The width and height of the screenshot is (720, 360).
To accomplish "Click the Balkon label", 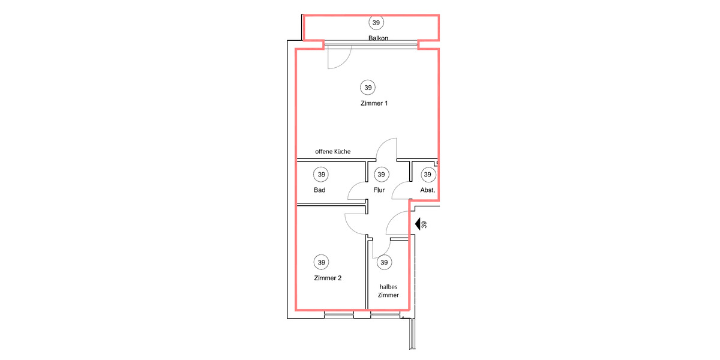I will point(378,38).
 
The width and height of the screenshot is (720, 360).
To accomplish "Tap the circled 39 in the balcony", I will point(376,23).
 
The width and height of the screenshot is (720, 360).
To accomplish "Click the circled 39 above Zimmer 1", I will point(368,87).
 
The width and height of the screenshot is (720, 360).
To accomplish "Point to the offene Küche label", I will point(332,152).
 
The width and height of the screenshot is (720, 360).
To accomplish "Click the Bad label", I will point(319,190).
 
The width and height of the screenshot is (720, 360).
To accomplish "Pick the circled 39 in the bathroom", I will point(321,175).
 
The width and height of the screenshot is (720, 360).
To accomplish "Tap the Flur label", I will point(379,190).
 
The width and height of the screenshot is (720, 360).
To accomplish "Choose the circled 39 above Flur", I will point(380,175).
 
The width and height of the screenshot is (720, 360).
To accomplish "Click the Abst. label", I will point(427,190).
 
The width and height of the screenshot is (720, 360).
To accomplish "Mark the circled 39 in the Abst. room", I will point(427,175).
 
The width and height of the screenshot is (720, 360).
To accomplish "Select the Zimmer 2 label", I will point(328,278).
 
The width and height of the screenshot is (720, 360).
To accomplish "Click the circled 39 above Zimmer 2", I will point(322,262).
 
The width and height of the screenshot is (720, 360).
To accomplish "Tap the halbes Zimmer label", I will point(389,291).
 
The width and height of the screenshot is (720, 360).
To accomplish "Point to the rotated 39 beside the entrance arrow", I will point(424,225).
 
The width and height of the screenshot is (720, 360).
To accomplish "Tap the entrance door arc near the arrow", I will point(395,223).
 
